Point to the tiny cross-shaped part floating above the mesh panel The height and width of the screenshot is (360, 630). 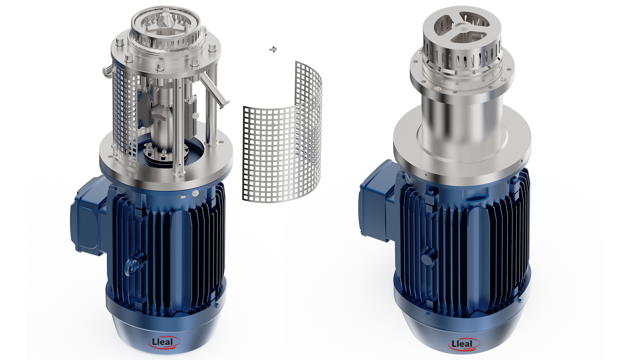click(274, 49)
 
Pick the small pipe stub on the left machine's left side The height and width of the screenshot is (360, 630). click(107, 71)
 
